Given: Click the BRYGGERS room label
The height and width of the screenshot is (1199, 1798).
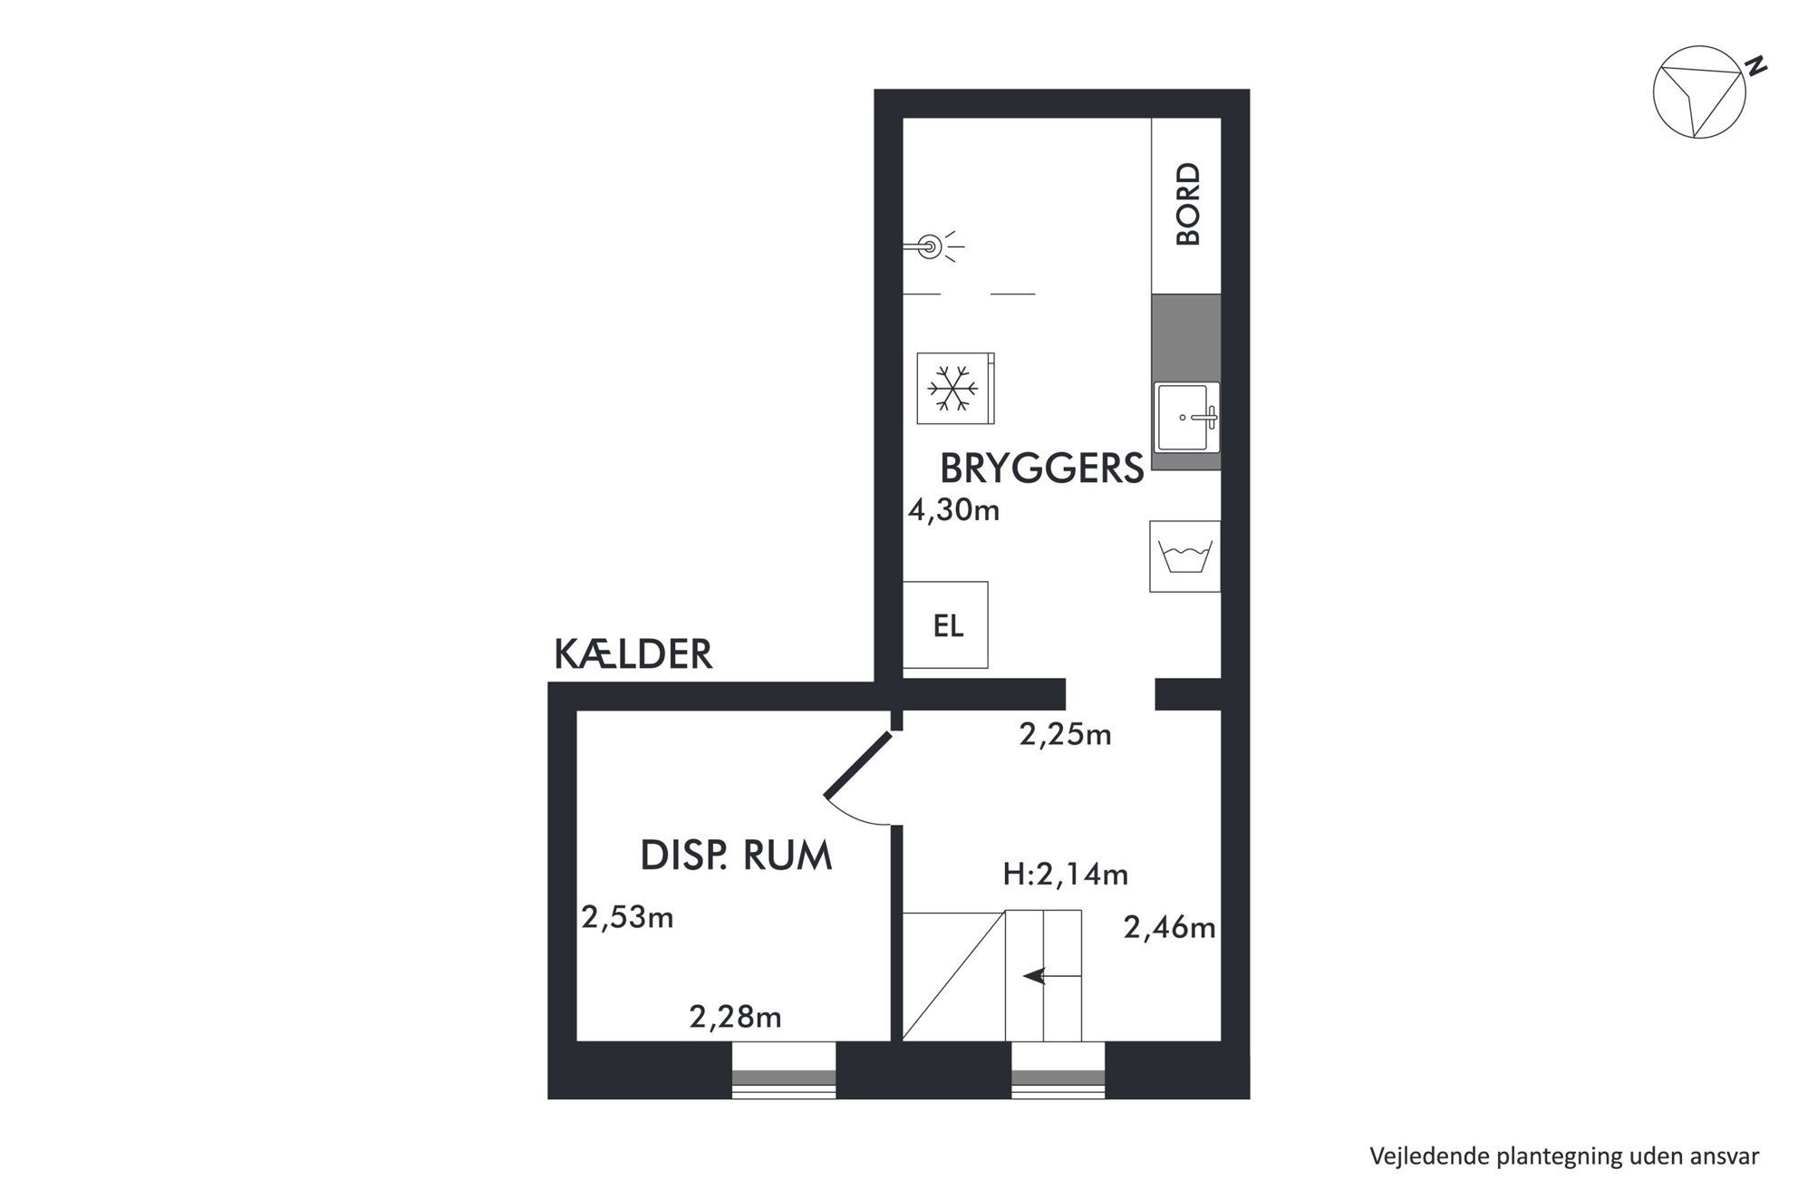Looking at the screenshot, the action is click(1041, 469).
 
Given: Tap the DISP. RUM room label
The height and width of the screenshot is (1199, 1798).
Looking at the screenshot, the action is click(736, 856).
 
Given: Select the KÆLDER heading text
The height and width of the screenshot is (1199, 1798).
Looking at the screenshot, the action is click(633, 653).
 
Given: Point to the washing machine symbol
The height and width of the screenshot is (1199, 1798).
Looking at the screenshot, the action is click(1184, 556).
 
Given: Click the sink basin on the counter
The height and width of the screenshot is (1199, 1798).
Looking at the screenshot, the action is click(1186, 417).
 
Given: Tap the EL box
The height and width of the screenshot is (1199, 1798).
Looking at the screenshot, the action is click(945, 625).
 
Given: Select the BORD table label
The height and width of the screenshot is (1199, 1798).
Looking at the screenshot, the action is click(1187, 204).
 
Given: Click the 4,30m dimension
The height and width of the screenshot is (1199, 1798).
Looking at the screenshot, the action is click(953, 511).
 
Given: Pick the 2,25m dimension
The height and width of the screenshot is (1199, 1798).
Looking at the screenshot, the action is click(1065, 734).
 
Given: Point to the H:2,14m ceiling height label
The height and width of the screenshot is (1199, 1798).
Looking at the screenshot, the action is click(1065, 875).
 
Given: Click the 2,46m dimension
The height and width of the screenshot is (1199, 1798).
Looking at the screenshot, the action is click(1169, 927).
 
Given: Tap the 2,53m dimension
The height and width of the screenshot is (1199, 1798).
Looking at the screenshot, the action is click(627, 917).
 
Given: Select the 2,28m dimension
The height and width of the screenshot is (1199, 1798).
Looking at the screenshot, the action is click(735, 1017).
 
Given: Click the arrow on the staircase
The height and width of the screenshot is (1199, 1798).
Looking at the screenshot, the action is click(1052, 976).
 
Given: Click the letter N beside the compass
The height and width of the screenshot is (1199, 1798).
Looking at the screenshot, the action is click(1756, 66).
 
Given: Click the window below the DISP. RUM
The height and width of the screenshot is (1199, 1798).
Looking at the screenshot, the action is click(784, 1071).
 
